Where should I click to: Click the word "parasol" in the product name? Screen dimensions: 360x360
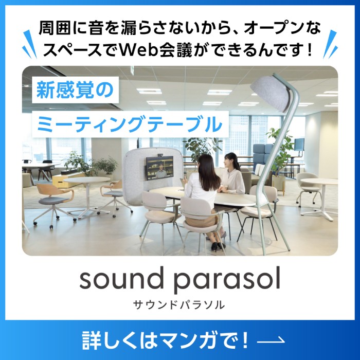click(227, 280)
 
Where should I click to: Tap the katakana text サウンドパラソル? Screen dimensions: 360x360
click(179, 305)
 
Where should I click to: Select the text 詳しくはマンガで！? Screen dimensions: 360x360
click(165, 340)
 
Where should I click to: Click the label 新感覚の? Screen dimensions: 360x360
click(75, 90)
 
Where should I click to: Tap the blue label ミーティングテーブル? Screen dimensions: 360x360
click(130, 124)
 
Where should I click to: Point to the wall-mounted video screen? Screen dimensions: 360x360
click(160, 168)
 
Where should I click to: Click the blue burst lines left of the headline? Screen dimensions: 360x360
click(29, 44)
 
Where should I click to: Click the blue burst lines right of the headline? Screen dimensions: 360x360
click(330, 44)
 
